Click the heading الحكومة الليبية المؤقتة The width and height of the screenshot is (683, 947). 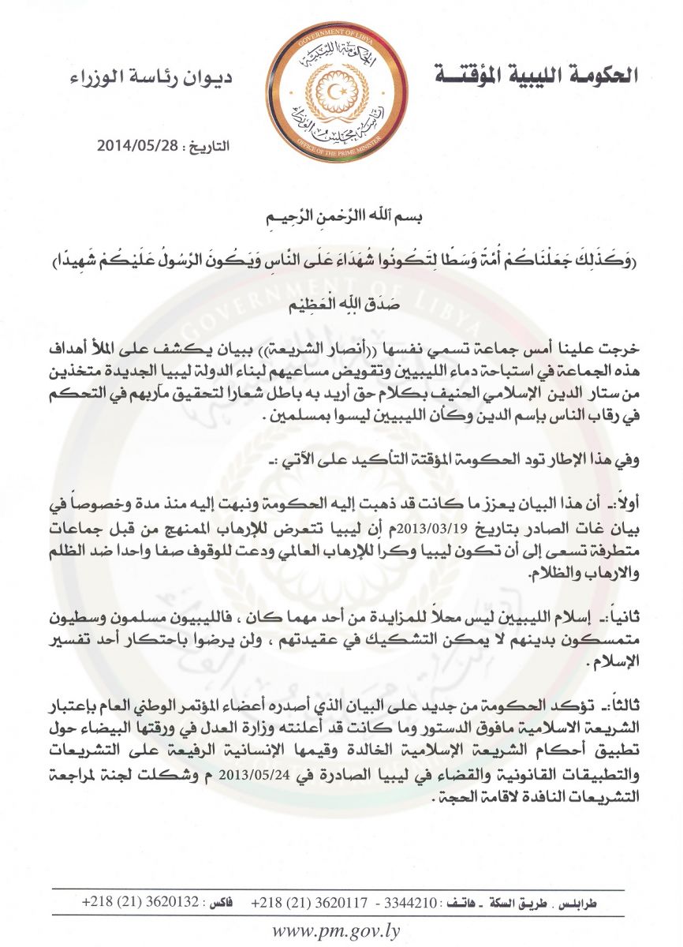coord(536,76)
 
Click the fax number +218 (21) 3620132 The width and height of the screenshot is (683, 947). coord(132,901)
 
